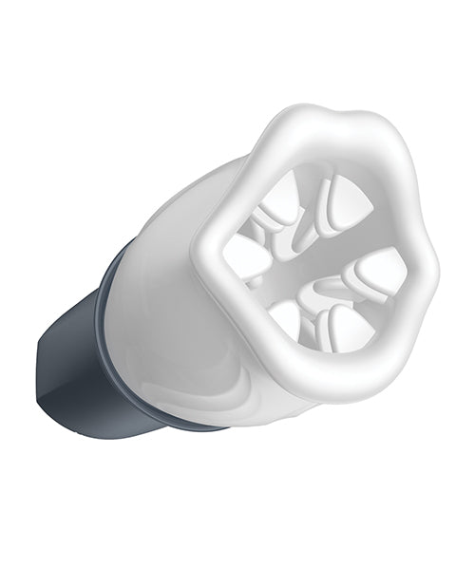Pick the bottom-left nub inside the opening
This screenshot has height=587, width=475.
(285, 318)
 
